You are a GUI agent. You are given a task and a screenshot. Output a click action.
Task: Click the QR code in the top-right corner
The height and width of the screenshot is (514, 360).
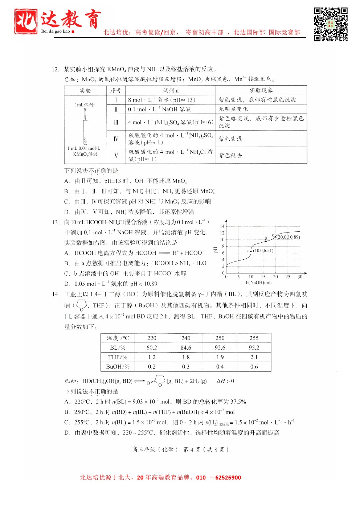point(331,24)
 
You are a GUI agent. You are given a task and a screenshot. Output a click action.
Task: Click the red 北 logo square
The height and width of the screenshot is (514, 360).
point(26,21)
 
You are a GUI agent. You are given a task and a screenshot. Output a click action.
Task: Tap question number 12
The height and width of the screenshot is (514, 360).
point(56,69)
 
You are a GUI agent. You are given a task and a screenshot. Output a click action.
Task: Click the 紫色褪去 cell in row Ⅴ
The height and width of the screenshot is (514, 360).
point(230,155)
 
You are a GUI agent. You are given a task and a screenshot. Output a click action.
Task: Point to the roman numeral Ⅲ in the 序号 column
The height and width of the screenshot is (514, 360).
point(116,122)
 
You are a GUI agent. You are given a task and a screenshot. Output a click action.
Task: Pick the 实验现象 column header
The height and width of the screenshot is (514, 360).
point(261,90)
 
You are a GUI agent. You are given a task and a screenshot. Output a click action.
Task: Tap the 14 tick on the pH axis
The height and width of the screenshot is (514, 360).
point(222,226)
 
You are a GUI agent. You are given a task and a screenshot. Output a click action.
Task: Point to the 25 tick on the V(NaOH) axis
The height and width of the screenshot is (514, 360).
point(288,277)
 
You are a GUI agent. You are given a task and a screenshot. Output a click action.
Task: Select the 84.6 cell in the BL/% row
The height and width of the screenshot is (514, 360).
point(186,348)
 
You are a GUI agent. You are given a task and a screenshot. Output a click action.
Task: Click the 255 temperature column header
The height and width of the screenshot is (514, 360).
point(254,338)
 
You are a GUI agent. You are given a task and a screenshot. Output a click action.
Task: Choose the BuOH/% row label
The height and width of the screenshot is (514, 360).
point(118,367)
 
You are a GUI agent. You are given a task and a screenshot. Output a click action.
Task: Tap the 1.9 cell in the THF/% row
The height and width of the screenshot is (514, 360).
point(220,357)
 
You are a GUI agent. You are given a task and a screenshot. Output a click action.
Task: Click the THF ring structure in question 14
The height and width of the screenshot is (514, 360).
point(82,305)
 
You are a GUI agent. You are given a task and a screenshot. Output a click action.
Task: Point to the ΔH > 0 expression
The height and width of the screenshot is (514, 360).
point(225,381)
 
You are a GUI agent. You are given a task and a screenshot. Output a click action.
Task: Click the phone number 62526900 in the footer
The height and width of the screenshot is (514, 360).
point(228,478)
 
